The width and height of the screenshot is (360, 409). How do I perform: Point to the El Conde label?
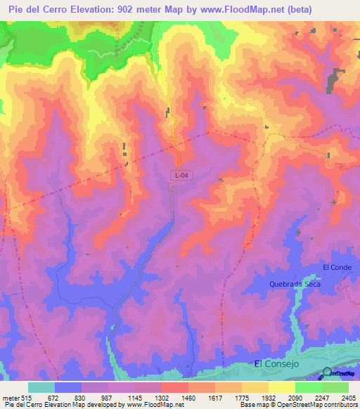(x=336, y=267)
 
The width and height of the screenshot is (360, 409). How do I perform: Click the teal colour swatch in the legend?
(x=41, y=387)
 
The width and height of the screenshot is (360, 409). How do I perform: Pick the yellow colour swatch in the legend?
(x=281, y=387)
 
